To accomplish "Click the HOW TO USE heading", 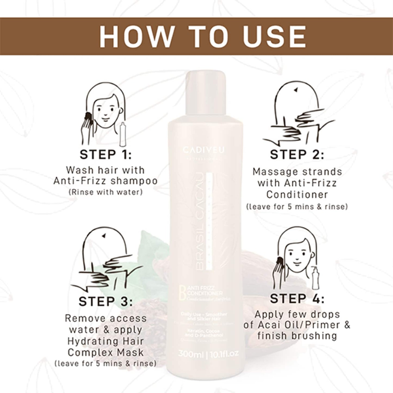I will pyautogui.click(x=203, y=36).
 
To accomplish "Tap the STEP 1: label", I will pyautogui.click(x=106, y=155).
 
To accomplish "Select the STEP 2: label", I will pyautogui.click(x=297, y=155).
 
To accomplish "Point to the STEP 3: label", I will pyautogui.click(x=106, y=302).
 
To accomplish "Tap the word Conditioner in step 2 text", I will pyautogui.click(x=297, y=195).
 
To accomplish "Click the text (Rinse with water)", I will pyautogui.click(x=106, y=192).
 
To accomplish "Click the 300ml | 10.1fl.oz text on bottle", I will pyautogui.click(x=208, y=354).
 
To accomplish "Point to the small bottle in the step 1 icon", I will pyautogui.click(x=123, y=134).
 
